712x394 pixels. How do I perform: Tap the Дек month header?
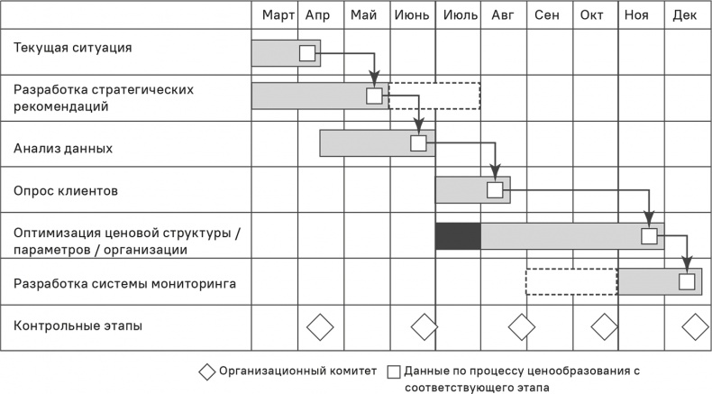tap(684, 15)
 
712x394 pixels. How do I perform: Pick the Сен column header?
tap(547, 15)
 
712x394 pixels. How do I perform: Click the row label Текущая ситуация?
tap(73, 47)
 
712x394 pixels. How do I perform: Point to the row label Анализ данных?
tap(63, 147)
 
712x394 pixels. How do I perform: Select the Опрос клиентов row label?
tap(66, 191)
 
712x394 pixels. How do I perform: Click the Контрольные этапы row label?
tap(78, 325)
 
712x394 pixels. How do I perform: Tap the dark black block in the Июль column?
tap(458, 236)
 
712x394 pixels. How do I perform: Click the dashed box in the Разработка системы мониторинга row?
tap(571, 282)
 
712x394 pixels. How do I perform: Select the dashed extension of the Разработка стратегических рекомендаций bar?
tap(434, 96)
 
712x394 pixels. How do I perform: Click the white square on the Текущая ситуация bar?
tap(307, 53)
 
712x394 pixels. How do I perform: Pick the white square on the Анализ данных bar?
tap(418, 142)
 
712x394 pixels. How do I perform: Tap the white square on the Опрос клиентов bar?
tap(495, 189)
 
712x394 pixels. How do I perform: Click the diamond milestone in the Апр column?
tap(320, 326)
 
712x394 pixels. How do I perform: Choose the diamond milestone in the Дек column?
tap(696, 326)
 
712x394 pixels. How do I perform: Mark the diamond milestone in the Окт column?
tap(604, 326)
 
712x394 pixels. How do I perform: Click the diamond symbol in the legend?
tap(206, 371)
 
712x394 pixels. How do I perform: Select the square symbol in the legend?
tap(394, 371)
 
